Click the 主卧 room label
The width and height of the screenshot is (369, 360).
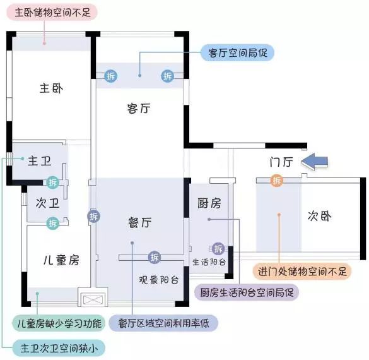52,88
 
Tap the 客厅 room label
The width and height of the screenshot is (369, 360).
139,109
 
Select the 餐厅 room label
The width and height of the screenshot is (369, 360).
140,223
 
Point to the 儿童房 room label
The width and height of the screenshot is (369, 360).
61,260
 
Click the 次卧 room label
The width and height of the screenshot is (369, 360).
320,216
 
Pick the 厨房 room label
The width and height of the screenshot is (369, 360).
209,203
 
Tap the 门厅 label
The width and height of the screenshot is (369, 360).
281,162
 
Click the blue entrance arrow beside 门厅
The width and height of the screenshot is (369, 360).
314,161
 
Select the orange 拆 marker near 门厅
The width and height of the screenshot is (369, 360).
277,181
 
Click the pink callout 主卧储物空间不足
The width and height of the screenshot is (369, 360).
52,12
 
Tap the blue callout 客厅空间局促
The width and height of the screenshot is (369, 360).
237,52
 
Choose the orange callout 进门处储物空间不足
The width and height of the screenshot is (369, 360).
302,272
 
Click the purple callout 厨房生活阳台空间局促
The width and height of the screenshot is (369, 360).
247,292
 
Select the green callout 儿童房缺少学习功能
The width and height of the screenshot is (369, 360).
59,323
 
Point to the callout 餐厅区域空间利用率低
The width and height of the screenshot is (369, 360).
163,323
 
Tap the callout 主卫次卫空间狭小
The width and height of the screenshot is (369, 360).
59,348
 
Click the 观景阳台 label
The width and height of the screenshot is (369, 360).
158,280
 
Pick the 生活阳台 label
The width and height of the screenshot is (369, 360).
209,262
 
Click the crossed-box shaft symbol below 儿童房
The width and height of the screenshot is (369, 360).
93,300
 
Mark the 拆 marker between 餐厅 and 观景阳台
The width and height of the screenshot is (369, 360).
155,257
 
